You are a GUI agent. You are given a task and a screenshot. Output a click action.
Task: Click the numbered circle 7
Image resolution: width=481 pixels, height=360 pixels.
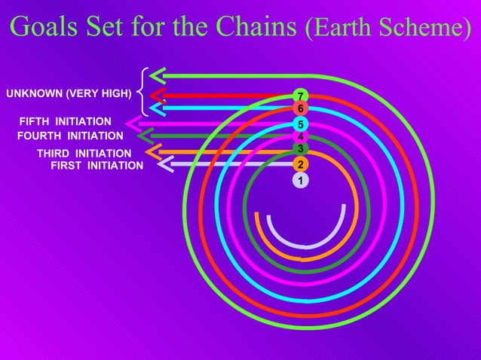pyautogui.click(x=301, y=96)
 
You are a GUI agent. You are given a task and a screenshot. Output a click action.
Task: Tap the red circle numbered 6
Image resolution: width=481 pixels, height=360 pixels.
pyautogui.click(x=301, y=109)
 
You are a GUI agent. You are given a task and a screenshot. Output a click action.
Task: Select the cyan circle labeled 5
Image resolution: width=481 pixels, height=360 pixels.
pyautogui.click(x=301, y=124)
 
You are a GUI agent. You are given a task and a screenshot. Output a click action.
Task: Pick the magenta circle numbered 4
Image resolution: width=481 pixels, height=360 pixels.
pyautogui.click(x=301, y=137)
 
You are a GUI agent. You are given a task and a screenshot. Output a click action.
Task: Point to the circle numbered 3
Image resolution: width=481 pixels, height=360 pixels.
pyautogui.click(x=301, y=148)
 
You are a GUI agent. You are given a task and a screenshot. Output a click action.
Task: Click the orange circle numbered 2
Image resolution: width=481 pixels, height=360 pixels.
pyautogui.click(x=301, y=165)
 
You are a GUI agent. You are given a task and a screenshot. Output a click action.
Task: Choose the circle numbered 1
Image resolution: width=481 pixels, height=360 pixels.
pyautogui.click(x=301, y=181)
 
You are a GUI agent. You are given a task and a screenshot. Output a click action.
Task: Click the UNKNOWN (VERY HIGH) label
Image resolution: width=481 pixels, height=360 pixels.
pyautogui.click(x=69, y=94)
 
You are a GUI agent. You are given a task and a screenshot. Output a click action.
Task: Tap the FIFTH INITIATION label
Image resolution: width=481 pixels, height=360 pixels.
pyautogui.click(x=66, y=121)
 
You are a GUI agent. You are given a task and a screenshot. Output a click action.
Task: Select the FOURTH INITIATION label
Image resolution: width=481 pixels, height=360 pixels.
pyautogui.click(x=70, y=136)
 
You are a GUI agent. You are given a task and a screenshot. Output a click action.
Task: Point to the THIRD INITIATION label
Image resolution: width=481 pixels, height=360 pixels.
pyautogui.click(x=84, y=154)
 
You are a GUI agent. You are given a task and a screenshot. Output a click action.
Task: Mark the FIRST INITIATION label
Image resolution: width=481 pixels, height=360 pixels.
pyautogui.click(x=97, y=166)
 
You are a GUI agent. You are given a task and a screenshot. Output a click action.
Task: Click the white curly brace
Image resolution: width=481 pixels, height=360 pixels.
pyautogui.click(x=142, y=93)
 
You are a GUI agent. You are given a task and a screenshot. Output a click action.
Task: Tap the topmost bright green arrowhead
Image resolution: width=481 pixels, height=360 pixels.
pyautogui.click(x=158, y=75)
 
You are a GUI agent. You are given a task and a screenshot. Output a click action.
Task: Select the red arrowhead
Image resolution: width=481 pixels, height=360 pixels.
pyautogui.click(x=158, y=95)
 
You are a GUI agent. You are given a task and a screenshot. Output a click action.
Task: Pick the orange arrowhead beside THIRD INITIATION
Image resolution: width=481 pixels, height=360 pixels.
pyautogui.click(x=152, y=152)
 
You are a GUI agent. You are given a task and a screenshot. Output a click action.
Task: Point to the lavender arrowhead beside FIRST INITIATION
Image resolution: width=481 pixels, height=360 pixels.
pyautogui.click(x=167, y=163)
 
